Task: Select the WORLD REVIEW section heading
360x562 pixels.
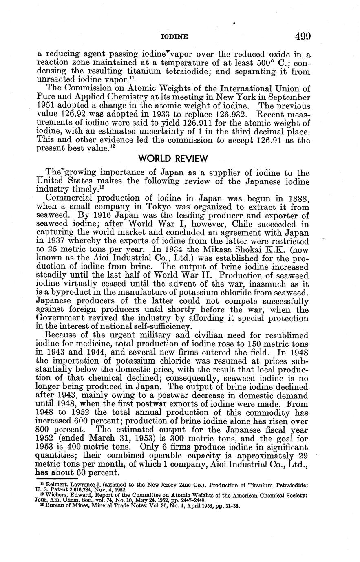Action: pos(173,158)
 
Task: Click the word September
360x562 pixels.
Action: pos(289,98)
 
